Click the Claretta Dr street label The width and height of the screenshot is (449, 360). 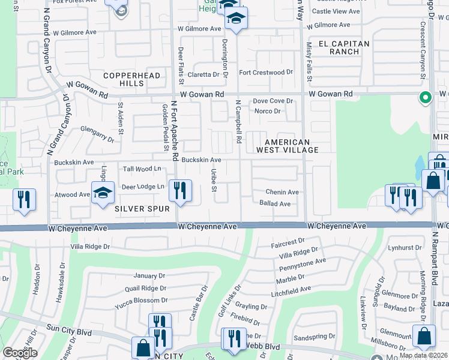click(203, 74)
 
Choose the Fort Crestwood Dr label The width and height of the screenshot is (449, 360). click(266, 73)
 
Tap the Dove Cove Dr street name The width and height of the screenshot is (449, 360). click(272, 101)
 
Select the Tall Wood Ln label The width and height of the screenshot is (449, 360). click(142, 169)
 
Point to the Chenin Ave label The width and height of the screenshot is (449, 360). click(283, 192)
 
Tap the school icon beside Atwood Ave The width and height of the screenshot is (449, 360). click(103, 192)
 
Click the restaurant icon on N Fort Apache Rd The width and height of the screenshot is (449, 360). click(180, 190)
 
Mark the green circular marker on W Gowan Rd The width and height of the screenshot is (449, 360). click(426, 97)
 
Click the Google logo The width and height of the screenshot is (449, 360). click(20, 353)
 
